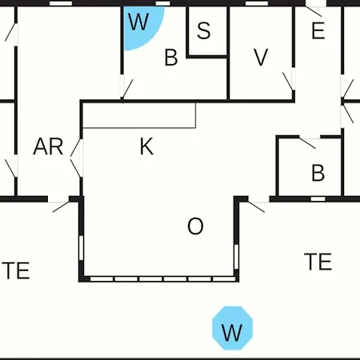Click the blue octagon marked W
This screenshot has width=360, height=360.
pos(232,328)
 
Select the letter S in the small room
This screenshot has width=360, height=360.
pos(204,30)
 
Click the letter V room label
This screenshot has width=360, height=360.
pos(261,57)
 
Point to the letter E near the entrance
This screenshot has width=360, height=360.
pos(318,31)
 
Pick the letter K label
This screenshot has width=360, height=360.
pos(146,146)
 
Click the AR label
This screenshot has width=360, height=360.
pos(48,146)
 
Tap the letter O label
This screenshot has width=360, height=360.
pos(195,226)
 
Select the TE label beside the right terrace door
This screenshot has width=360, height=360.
pos(318,262)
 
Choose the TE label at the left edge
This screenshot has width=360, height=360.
pos(16,270)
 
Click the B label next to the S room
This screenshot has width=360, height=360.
pos(171,58)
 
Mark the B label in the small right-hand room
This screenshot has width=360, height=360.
pos(318,173)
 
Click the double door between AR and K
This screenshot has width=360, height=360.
pos(77,158)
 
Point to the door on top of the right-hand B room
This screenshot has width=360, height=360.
pos(310,142)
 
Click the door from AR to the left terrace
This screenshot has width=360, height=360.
pos(59,206)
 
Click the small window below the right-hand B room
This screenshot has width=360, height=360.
pos(318,199)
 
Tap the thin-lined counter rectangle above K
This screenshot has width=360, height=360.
pos(139,115)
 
